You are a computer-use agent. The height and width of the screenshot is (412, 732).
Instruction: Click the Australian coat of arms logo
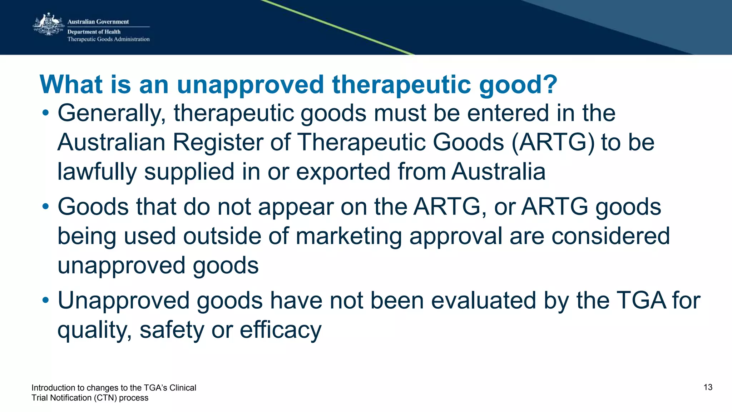click(48, 24)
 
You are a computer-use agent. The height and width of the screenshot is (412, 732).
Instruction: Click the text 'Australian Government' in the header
click(98, 22)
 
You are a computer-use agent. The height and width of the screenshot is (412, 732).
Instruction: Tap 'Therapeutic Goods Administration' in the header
click(108, 39)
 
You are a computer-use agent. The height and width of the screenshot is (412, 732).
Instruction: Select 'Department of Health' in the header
click(94, 32)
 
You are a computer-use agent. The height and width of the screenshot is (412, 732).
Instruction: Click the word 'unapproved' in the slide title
click(250, 85)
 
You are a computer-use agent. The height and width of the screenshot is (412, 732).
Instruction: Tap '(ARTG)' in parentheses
click(553, 143)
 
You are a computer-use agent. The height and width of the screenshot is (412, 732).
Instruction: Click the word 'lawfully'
click(97, 172)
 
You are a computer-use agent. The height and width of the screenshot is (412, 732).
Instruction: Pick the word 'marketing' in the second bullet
click(349, 237)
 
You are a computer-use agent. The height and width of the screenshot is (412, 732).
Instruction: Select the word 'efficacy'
click(281, 330)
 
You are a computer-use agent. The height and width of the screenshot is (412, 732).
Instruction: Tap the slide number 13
click(708, 387)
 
